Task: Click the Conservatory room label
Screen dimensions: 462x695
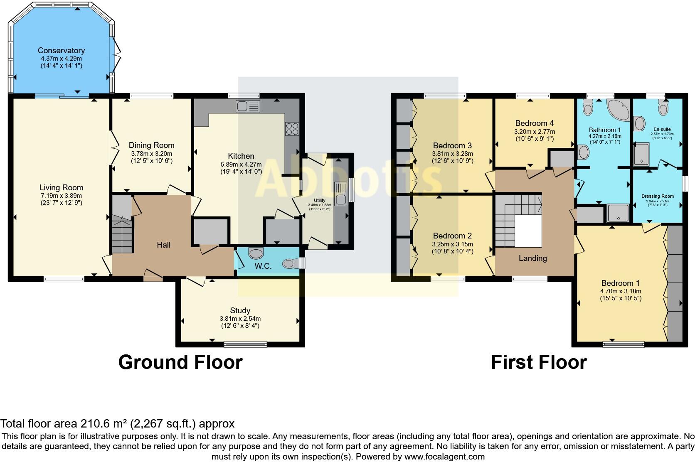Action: pos(61,50)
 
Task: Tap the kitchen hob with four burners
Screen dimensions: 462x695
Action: pos(292,129)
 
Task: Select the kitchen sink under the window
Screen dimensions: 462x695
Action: pos(248,106)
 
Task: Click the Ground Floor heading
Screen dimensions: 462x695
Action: pos(180,362)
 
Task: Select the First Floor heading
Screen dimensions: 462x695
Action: pos(539,362)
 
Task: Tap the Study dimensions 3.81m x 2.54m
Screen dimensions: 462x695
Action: pos(240,319)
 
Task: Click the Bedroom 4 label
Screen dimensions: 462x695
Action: pos(534,123)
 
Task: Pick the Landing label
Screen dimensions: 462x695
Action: pos(532,258)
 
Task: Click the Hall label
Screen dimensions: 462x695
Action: pos(163,245)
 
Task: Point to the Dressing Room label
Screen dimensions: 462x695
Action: pos(657,196)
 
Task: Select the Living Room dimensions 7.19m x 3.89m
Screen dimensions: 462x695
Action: pos(62,196)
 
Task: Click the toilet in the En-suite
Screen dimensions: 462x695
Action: pos(663,108)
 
